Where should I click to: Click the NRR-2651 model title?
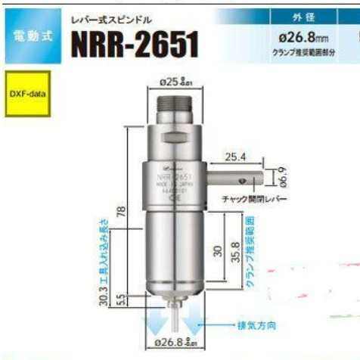134,45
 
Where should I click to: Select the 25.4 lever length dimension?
237,157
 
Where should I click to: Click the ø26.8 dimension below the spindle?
175,343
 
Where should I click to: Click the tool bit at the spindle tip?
175,310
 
